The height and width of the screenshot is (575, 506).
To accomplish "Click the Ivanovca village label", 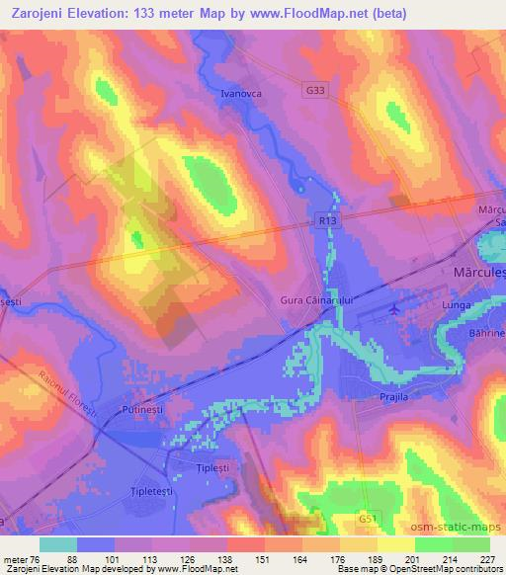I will coord(242,95).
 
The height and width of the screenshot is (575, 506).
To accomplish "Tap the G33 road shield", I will coord(314,90).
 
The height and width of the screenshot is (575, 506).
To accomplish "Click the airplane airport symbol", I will coord(396,308).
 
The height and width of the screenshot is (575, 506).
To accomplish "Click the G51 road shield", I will coord(368,517).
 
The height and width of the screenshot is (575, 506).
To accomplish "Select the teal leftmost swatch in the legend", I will coord(58,544).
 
